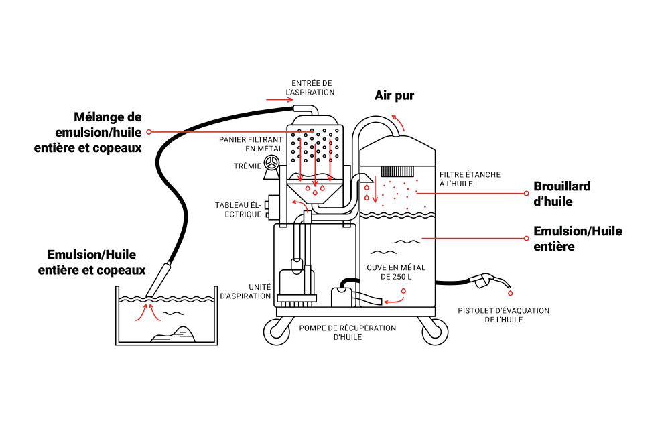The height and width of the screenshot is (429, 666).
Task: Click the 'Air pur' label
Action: (394, 96)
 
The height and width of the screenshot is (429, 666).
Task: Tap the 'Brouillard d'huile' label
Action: (561, 194)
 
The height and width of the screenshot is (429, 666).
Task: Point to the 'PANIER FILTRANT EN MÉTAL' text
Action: (251, 144)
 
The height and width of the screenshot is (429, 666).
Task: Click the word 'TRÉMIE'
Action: (247, 166)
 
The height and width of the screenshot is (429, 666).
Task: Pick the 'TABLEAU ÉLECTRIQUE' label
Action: (238, 210)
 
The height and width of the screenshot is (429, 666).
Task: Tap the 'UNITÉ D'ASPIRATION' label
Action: (245, 292)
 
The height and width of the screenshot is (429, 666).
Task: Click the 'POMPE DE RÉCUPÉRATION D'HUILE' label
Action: (348, 332)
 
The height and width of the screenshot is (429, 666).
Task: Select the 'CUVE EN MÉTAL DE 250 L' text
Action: (396, 272)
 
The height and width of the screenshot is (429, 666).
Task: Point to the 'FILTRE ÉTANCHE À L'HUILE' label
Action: (470, 179)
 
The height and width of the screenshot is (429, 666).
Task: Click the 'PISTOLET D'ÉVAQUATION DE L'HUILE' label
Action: (503, 315)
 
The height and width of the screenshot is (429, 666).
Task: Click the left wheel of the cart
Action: (277, 331)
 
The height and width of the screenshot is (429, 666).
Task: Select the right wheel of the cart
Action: (435, 331)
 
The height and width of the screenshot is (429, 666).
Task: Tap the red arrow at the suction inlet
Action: (279, 100)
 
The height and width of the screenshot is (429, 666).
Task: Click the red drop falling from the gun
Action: (510, 293)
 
